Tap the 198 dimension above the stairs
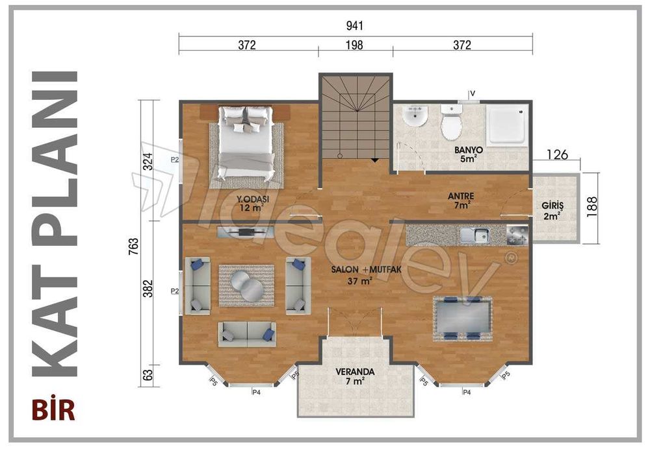(x=354, y=45)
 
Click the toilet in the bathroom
(x=450, y=122)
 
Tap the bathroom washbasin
(x=414, y=117)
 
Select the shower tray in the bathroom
(x=508, y=125)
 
